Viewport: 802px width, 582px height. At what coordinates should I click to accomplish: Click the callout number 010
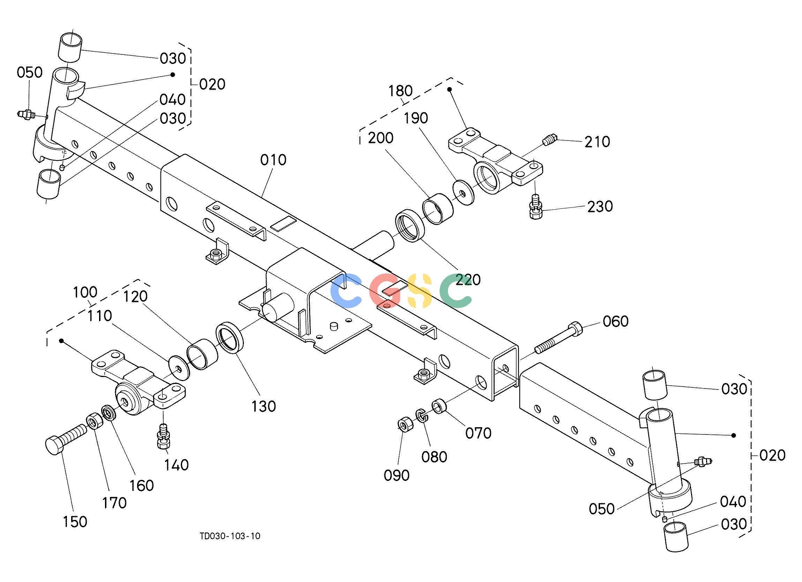273,160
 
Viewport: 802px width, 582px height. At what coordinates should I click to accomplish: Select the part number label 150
75,522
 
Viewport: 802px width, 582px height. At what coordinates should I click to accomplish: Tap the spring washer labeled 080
420,415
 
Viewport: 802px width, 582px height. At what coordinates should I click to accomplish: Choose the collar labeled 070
439,406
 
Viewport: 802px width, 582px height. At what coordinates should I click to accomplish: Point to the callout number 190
416,118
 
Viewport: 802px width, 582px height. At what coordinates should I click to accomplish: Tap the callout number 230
600,206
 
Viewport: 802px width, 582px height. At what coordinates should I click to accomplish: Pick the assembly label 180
400,91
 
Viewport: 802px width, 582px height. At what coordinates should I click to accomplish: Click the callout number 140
176,465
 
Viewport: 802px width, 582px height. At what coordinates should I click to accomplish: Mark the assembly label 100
85,293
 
